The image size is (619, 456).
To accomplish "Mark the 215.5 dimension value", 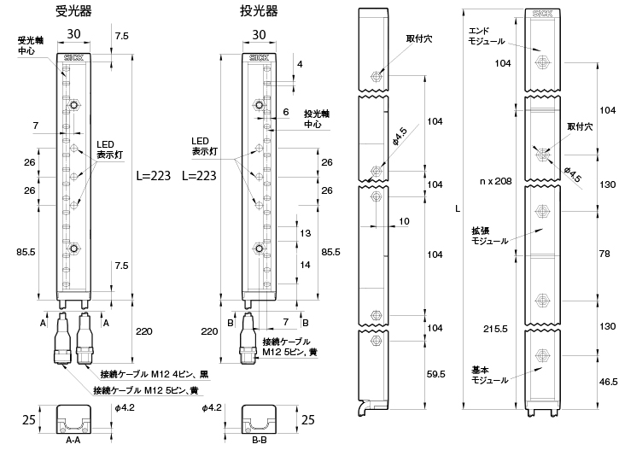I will [x=496, y=328].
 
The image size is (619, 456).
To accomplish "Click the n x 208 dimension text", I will [x=495, y=182].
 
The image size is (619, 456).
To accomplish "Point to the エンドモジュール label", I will [x=488, y=35].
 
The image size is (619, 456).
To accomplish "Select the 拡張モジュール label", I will [x=489, y=236].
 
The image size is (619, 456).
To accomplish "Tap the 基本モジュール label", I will [x=489, y=375].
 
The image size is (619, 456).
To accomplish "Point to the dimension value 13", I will [x=305, y=233].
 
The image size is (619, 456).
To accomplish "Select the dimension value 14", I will [x=305, y=265].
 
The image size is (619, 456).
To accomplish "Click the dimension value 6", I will [x=285, y=112].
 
